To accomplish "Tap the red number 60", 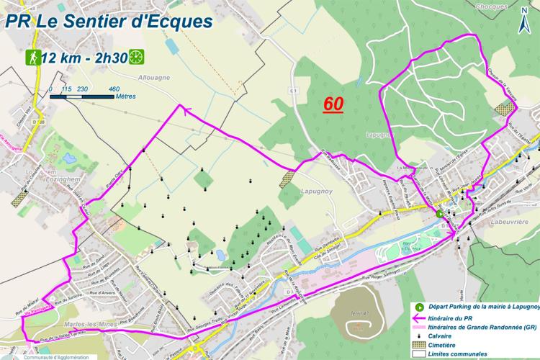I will [333, 104].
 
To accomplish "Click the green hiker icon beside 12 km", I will [32, 57].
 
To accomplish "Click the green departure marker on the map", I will [439, 213].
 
